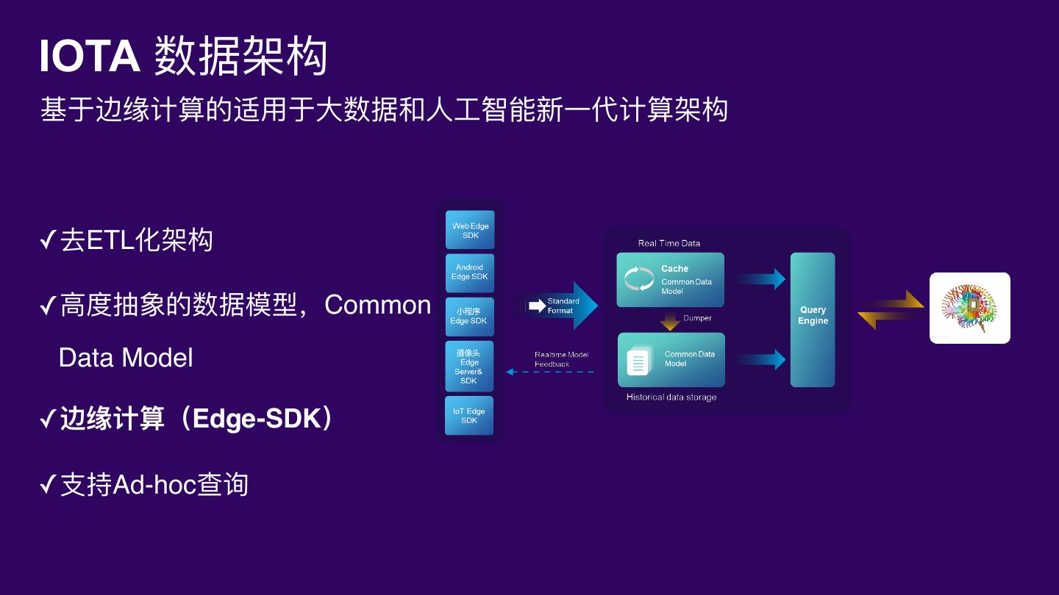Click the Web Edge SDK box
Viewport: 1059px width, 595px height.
pos(470,230)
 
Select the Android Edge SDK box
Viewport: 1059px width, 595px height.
pos(470,273)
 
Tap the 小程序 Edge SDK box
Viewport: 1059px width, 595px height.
pos(469,316)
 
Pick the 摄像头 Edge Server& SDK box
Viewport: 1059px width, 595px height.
pos(469,367)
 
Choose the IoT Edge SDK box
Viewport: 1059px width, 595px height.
pos(469,416)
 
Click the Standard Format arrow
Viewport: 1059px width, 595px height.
pos(563,306)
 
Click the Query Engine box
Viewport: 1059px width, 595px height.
pos(813,320)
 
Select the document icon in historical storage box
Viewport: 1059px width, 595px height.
pos(638,361)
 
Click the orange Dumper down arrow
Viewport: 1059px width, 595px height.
pos(670,321)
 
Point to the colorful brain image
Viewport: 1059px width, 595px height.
pos(969,308)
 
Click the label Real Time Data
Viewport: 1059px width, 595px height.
pos(668,243)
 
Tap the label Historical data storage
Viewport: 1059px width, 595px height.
pos(671,397)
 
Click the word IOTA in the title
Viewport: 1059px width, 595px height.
pos(89,57)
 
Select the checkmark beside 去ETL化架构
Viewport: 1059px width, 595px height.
pos(48,240)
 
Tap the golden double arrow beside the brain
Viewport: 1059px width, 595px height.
pos(891,309)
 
